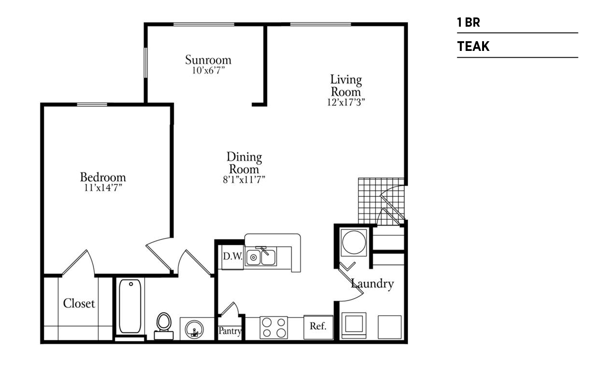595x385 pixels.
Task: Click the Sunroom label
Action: pyautogui.click(x=208, y=60)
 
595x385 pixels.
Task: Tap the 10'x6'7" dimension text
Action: pyautogui.click(x=208, y=70)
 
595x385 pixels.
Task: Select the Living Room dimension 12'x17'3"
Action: pyautogui.click(x=346, y=102)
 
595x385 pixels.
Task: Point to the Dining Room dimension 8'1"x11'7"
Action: pyautogui.click(x=244, y=180)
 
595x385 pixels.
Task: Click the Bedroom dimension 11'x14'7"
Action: pyautogui.click(x=103, y=188)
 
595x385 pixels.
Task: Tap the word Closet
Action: pyautogui.click(x=79, y=304)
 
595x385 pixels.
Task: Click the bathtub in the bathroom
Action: pyautogui.click(x=130, y=306)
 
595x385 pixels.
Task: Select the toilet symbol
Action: pyautogui.click(x=164, y=326)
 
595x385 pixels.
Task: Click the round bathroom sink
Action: pyautogui.click(x=194, y=330)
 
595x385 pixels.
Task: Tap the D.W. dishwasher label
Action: pyautogui.click(x=233, y=257)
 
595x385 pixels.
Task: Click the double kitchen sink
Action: pyautogui.click(x=261, y=257)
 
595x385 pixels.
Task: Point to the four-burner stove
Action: pyautogui.click(x=274, y=328)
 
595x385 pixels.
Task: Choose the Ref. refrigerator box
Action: pyautogui.click(x=318, y=327)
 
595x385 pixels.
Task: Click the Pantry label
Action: pyautogui.click(x=230, y=331)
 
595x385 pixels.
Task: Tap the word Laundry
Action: pyautogui.click(x=372, y=284)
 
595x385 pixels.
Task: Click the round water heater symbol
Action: pyautogui.click(x=354, y=242)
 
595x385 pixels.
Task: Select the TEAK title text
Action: pyautogui.click(x=473, y=46)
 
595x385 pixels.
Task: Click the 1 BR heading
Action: pyautogui.click(x=469, y=22)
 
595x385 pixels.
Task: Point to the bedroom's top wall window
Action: pyautogui.click(x=92, y=104)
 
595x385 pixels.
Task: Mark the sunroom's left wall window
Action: pyautogui.click(x=145, y=63)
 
